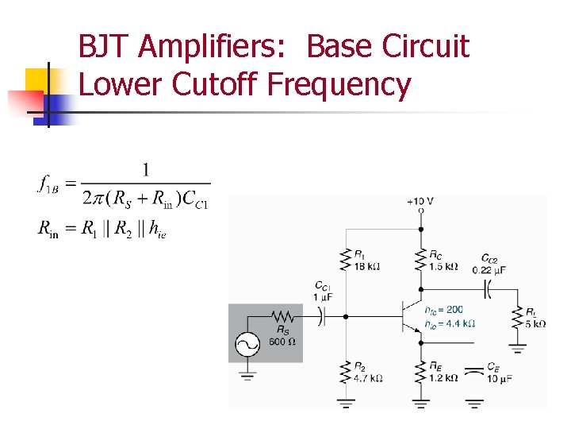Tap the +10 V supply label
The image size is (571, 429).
[420, 201]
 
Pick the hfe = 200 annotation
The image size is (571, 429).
[443, 310]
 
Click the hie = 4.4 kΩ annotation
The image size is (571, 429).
[449, 323]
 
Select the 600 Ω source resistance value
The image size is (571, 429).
[282, 342]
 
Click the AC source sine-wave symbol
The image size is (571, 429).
[247, 345]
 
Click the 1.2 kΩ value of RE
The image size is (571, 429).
[443, 378]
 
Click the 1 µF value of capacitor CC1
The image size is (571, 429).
[324, 296]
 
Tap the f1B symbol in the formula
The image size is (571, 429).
[48, 184]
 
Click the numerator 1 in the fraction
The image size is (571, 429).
[145, 169]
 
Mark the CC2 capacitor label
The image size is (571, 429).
[489, 258]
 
